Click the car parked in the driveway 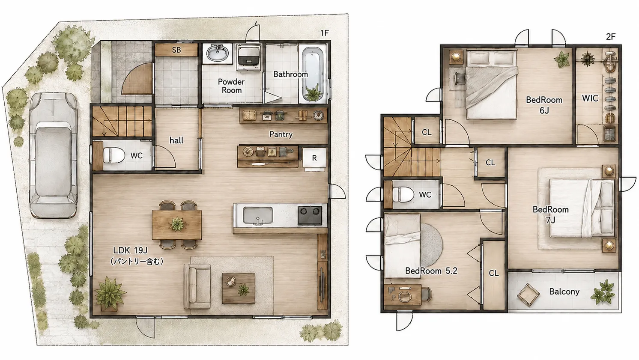click(53, 155)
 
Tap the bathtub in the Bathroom click(313, 74)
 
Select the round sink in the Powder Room click(218, 53)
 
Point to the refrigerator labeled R click(314, 158)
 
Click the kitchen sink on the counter click(258, 216)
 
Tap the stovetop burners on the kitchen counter click(310, 215)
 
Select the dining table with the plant click(177, 224)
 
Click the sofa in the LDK click(197, 286)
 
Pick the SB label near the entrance click(176, 50)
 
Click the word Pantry click(281, 134)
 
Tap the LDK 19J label click(130, 250)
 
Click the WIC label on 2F click(590, 98)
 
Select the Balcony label click(564, 292)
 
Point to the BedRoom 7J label click(551, 214)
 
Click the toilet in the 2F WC click(403, 195)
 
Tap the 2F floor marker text click(610, 37)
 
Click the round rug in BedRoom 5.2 click(432, 245)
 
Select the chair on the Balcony click(529, 295)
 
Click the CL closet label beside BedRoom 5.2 click(493, 273)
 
